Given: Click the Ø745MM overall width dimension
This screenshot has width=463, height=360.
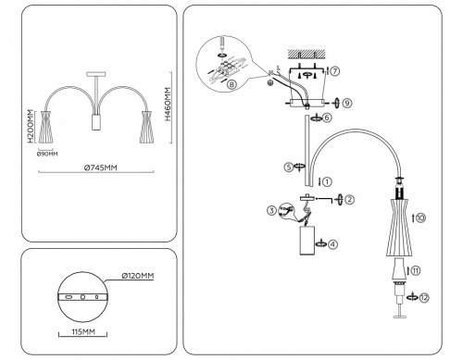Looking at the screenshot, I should pyautogui.click(x=99, y=168).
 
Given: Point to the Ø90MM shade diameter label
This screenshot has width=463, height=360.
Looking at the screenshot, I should pyautogui.click(x=47, y=154).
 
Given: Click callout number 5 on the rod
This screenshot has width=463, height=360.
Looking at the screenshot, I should pyautogui.click(x=289, y=168).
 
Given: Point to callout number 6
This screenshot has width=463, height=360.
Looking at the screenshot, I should pyautogui.click(x=328, y=118).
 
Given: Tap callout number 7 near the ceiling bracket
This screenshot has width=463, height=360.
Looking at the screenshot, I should pyautogui.click(x=336, y=70).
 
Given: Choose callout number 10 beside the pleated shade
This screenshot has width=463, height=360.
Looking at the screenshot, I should pyautogui.click(x=421, y=218).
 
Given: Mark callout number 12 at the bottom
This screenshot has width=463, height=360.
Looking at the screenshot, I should pyautogui.click(x=424, y=297).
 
